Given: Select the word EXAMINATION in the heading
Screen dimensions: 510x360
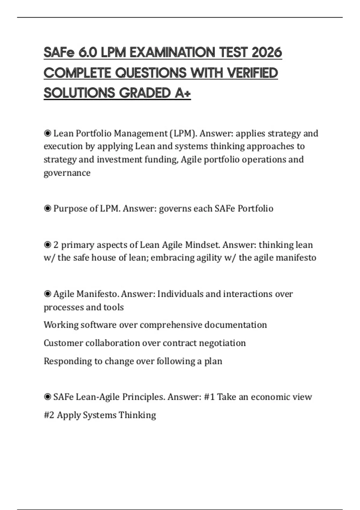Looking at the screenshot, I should (172, 52).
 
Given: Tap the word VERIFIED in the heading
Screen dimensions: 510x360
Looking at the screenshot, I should (252, 73).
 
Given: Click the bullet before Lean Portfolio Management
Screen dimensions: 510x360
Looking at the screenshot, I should (47, 133).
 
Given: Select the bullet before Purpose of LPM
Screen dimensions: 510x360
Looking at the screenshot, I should (47, 208).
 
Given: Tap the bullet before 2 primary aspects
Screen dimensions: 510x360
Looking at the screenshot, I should (47, 245).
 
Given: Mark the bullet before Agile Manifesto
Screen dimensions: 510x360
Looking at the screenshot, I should (47, 294).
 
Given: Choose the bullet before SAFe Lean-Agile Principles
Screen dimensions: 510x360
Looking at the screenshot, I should (47, 397).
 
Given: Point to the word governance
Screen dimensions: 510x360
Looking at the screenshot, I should (67, 173).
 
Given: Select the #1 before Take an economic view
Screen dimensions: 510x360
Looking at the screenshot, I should (209, 397).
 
